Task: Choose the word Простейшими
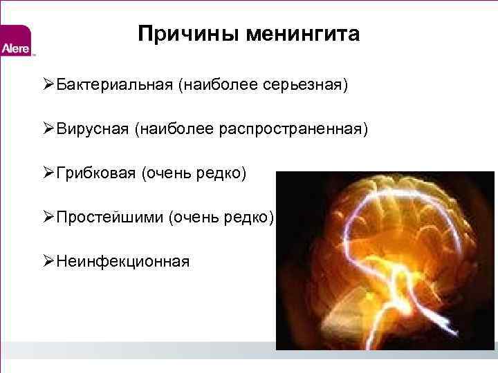[109, 218]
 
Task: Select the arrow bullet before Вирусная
[48, 129]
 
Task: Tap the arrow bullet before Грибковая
[48, 173]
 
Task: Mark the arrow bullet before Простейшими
[48, 218]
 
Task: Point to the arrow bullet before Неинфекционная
[48, 262]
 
